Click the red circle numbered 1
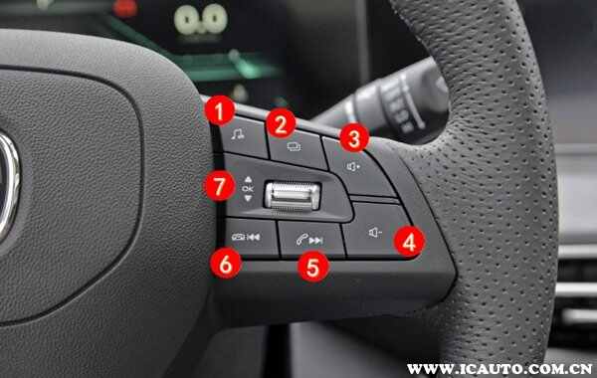coord(219,110)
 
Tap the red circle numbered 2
coord(281,123)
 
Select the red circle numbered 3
coord(354,138)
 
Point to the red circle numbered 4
coord(409,242)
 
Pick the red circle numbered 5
coord(313,267)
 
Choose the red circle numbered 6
coord(226,264)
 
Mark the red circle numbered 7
coord(220,186)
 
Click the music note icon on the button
coord(238,134)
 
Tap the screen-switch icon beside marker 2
coord(294,146)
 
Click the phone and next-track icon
coord(309,240)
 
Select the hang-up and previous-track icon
coord(246,237)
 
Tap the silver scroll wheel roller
coord(293,196)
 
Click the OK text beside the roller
coord(248,188)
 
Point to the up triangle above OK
coord(248,179)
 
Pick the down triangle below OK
coord(248,198)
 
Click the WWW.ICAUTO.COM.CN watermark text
coord(499,368)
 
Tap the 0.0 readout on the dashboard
coord(201,19)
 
